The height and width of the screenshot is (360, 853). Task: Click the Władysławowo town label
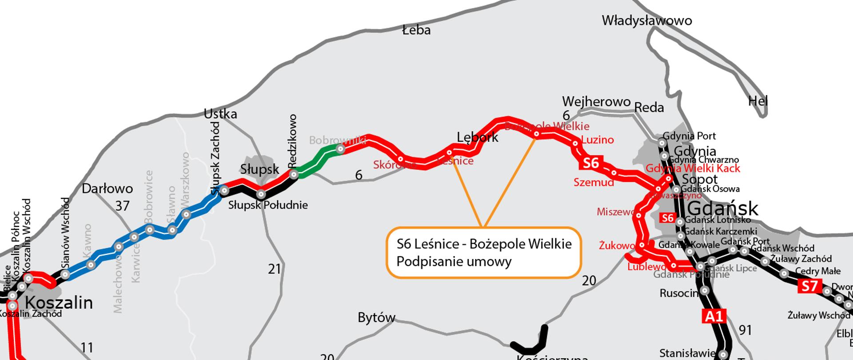(x=646, y=20)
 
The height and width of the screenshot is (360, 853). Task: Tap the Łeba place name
(x=416, y=30)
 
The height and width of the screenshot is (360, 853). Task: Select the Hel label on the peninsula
(x=757, y=101)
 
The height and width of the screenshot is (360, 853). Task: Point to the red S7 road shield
(x=810, y=286)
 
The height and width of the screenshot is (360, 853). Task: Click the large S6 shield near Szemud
(x=591, y=163)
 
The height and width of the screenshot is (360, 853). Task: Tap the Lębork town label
(x=478, y=137)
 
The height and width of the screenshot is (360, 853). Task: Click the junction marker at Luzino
(x=575, y=143)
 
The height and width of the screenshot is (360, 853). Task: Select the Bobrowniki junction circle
(x=340, y=149)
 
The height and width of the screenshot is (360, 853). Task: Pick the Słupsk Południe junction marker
(x=261, y=194)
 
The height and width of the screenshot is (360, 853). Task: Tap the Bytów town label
(x=376, y=318)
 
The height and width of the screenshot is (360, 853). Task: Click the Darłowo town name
(x=107, y=188)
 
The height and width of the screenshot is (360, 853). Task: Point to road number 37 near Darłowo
(x=122, y=206)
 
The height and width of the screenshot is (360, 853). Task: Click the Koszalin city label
(x=59, y=303)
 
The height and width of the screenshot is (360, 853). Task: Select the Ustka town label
(x=220, y=114)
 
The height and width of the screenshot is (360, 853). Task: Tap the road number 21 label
(x=275, y=269)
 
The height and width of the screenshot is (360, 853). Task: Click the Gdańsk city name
(x=723, y=208)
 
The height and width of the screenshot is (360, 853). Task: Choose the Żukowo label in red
(x=617, y=245)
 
